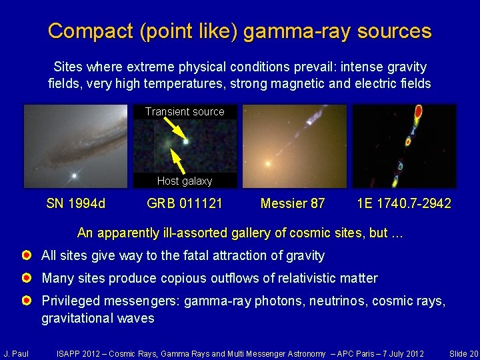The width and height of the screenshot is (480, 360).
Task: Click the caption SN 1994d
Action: [75, 203]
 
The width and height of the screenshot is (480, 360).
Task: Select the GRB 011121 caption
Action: [185, 203]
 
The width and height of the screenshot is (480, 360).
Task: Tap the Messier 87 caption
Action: [293, 203]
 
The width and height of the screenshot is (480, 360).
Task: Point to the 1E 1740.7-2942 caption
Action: [404, 203]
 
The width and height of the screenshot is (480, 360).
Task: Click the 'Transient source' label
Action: [185, 111]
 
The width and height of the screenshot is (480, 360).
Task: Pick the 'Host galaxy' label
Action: [185, 181]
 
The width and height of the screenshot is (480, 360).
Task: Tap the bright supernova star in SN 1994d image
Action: [74, 177]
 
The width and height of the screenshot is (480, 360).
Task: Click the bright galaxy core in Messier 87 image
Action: [267, 162]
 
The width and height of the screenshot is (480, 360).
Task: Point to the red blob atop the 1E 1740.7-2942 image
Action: [418, 112]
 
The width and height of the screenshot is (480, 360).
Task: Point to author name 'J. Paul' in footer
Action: [15, 353]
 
